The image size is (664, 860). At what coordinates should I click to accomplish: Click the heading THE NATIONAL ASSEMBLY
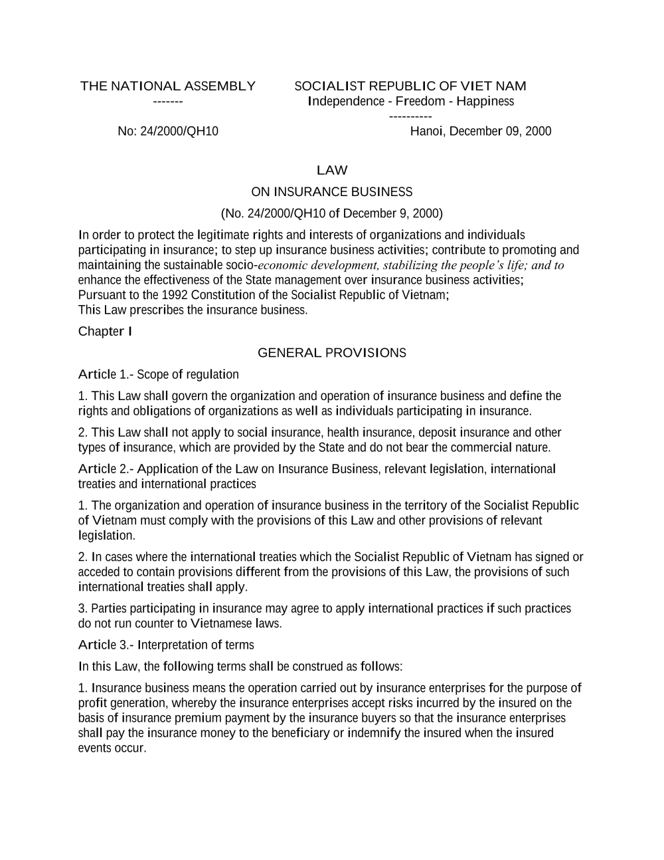click(x=167, y=86)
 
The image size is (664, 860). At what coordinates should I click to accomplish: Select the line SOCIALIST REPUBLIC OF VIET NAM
click(x=410, y=86)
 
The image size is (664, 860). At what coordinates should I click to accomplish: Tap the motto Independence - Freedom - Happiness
click(x=411, y=101)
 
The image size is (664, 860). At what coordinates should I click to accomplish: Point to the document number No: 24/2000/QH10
click(x=167, y=131)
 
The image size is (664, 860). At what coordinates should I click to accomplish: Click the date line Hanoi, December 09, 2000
click(x=480, y=131)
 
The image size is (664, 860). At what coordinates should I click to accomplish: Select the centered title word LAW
click(x=332, y=170)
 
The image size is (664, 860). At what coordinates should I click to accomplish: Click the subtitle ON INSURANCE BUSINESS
click(x=331, y=192)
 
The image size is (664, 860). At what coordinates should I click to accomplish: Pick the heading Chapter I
click(x=105, y=331)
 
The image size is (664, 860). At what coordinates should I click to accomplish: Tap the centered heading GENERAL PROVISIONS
click(x=331, y=352)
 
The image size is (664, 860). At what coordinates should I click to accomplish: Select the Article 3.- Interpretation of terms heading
click(x=166, y=645)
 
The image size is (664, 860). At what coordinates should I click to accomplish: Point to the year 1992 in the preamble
click(x=175, y=294)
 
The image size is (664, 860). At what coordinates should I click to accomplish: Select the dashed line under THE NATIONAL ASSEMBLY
click(x=167, y=102)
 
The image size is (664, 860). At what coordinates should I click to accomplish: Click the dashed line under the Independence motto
click(x=410, y=117)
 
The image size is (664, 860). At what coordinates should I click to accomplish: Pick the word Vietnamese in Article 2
click(x=220, y=623)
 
